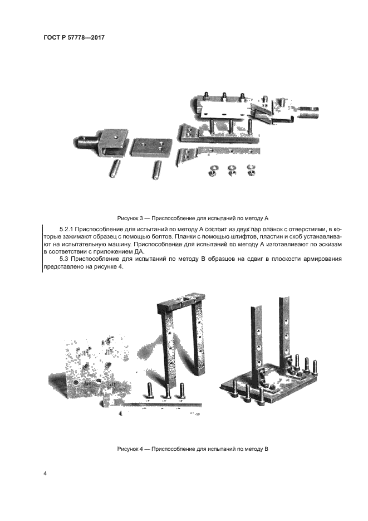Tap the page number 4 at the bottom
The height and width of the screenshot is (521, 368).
[x=45, y=474]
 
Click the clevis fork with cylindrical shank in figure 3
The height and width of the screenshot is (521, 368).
[x=100, y=142]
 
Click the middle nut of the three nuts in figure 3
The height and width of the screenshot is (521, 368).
[x=231, y=170]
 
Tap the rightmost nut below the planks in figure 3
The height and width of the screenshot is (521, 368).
[x=251, y=170]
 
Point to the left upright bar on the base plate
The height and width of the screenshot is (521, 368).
[x=257, y=343]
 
